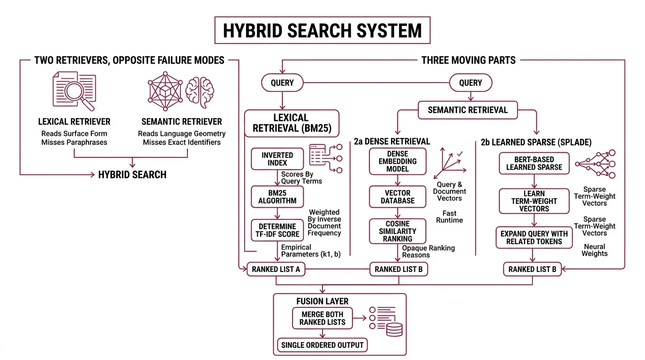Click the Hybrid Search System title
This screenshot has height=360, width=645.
click(x=322, y=30)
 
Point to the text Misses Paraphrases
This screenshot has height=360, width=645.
click(x=74, y=142)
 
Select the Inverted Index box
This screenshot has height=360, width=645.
click(x=277, y=159)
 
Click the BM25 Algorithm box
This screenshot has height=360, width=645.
click(x=277, y=197)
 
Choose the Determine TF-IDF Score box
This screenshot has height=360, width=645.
click(x=277, y=230)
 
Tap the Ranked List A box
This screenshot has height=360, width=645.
click(x=276, y=269)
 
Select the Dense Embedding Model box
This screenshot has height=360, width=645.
click(x=397, y=161)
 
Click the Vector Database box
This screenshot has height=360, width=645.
click(x=397, y=197)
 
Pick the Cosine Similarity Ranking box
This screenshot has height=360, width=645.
click(x=397, y=231)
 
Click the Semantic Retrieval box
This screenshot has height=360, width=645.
click(x=467, y=110)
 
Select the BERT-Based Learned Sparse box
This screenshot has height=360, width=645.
click(x=534, y=163)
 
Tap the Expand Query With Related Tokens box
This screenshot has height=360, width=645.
click(x=534, y=238)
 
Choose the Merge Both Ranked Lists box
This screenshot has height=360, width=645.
click(x=322, y=318)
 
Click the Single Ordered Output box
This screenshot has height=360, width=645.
click(x=322, y=345)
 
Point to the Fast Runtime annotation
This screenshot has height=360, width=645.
click(x=449, y=217)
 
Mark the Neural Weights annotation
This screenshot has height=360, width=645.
click(x=594, y=250)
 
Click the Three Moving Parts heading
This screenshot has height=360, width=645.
click(x=468, y=60)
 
